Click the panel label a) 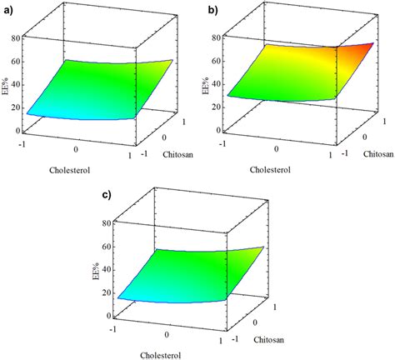[x=10, y=10]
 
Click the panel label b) [x=212, y=10]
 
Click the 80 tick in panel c [x=107, y=223]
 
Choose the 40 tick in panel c [x=107, y=270]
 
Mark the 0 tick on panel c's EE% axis [x=110, y=317]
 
